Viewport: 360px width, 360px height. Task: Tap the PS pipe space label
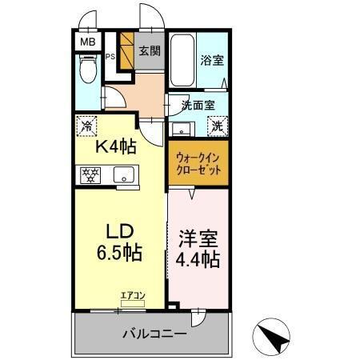point(111,57)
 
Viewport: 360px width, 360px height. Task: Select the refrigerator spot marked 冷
point(86,125)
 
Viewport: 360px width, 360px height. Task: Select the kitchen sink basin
point(125,174)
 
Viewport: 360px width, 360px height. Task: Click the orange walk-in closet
point(198,165)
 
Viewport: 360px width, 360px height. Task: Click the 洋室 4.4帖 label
point(198,248)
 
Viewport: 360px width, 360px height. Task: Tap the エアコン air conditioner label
point(132,297)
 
